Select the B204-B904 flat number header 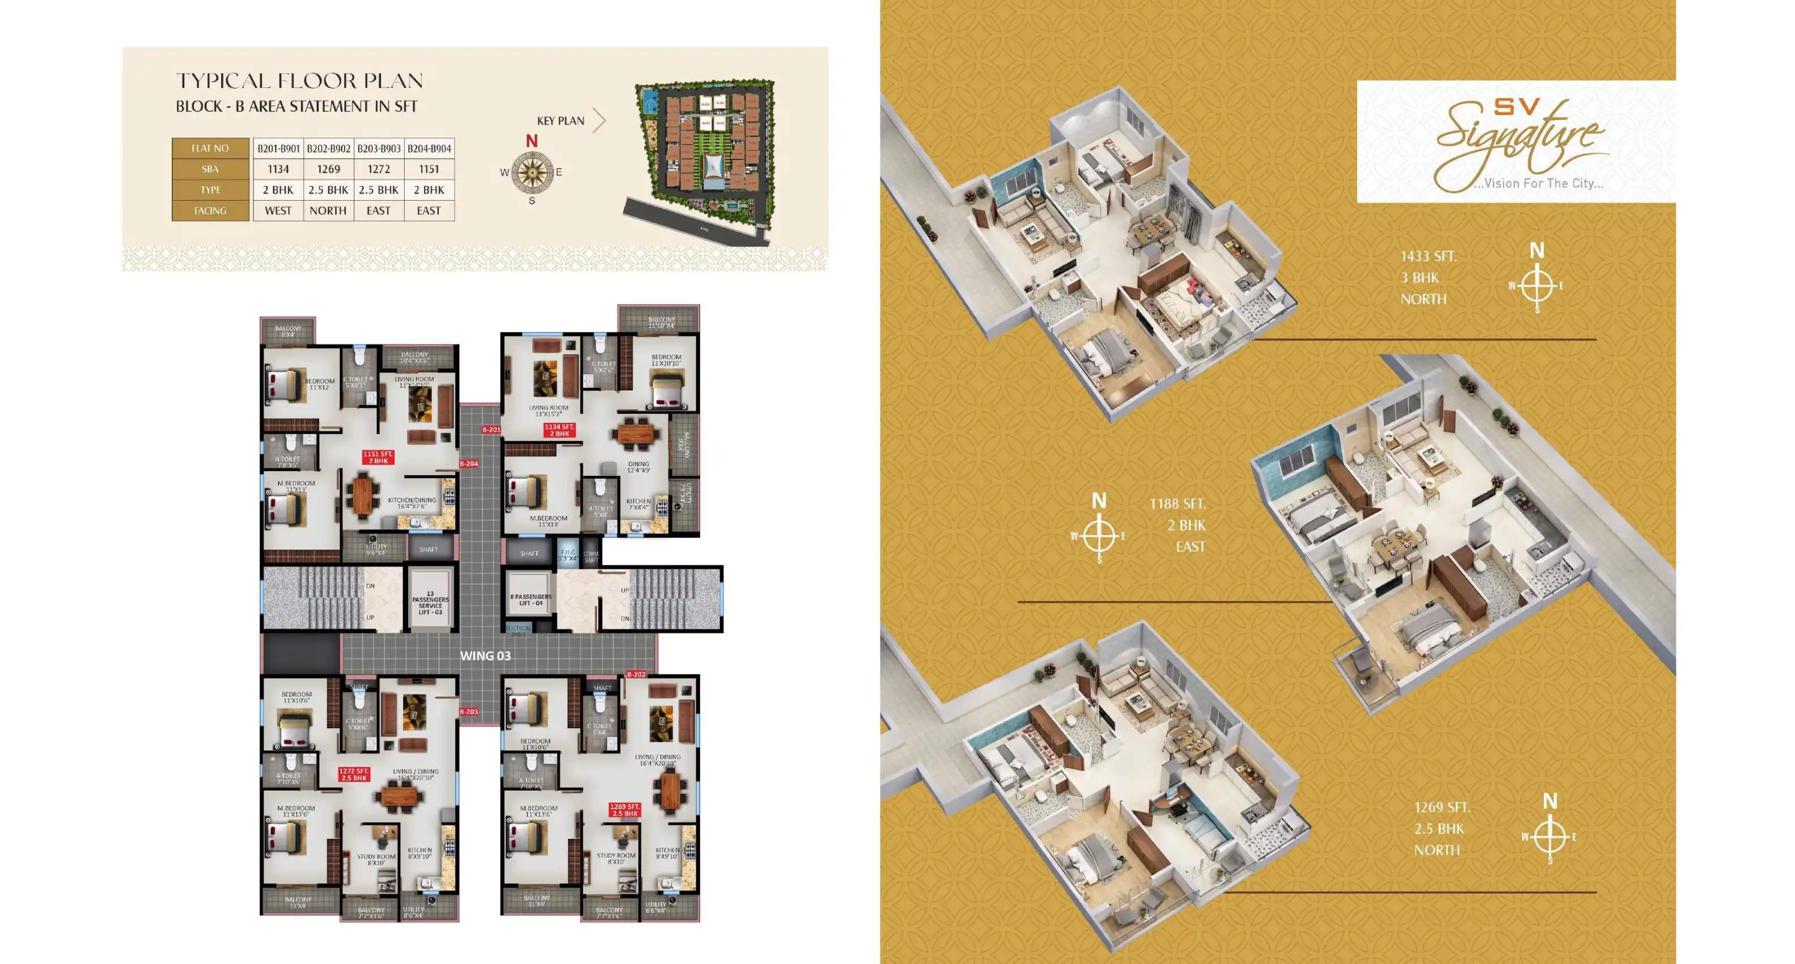click(x=429, y=149)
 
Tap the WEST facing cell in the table click(x=278, y=210)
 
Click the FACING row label click(x=210, y=210)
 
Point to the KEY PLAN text click(x=560, y=121)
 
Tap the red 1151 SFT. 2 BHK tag click(x=378, y=457)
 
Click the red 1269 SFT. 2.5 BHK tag click(x=624, y=810)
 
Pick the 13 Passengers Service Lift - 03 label click(x=430, y=603)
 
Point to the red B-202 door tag click(x=636, y=674)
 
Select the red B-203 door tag click(x=468, y=712)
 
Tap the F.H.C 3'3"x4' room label click(x=568, y=555)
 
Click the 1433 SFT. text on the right click(x=1429, y=256)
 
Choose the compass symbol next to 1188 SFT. click(x=1099, y=536)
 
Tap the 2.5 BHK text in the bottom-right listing click(x=1439, y=829)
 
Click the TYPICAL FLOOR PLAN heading click(x=299, y=81)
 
